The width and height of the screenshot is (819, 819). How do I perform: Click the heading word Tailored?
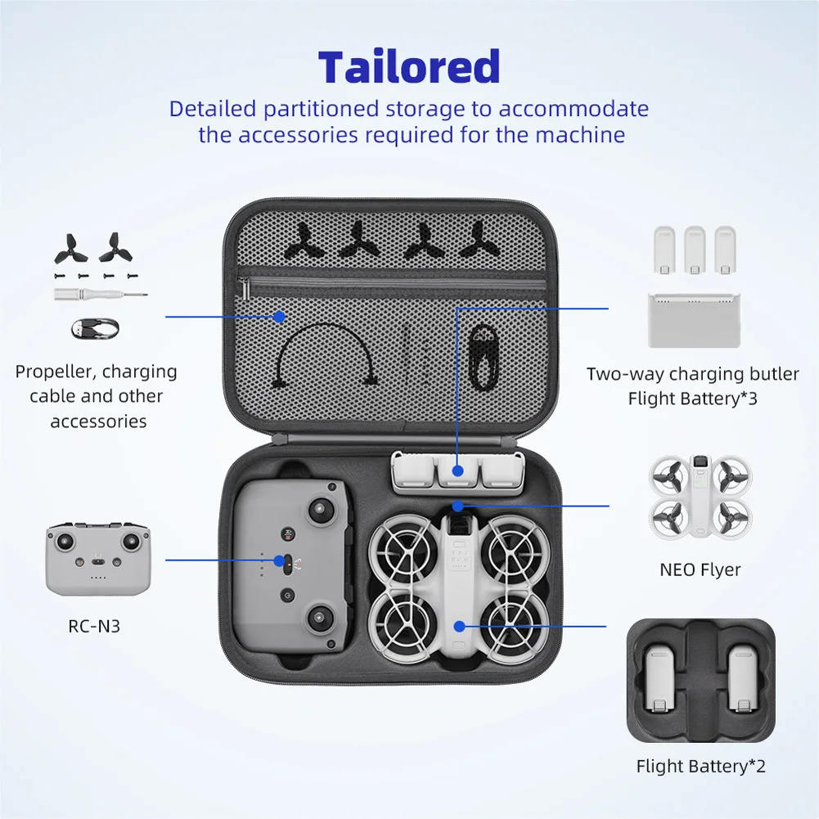[409, 67]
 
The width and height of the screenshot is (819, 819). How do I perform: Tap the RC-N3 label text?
[96, 628]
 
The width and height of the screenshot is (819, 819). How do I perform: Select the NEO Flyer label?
[700, 569]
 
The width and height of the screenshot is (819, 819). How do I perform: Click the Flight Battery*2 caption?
[700, 767]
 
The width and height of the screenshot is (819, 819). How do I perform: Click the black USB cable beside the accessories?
[94, 329]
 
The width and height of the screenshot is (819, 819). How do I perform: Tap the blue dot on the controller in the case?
[280, 560]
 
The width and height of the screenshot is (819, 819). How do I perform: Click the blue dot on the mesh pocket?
[279, 316]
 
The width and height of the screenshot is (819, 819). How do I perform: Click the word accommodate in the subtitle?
[574, 109]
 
